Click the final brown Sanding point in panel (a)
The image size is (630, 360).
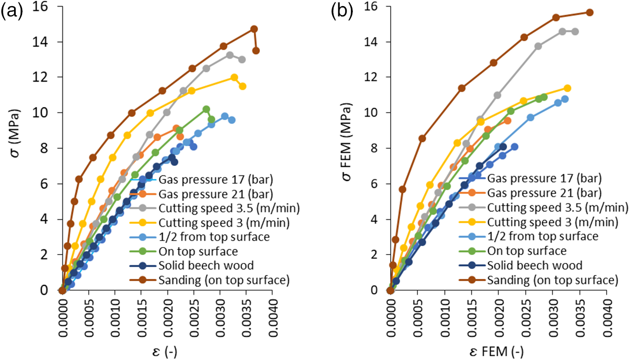[256, 51]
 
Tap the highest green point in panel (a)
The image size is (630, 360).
[206, 109]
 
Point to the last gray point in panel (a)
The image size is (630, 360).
[242, 60]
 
